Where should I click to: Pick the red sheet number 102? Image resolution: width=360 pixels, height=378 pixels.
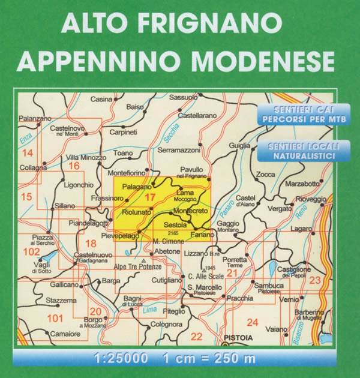click(31, 252)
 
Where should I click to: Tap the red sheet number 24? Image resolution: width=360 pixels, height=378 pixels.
click(253, 322)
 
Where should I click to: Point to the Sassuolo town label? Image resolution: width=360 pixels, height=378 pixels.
click(184, 97)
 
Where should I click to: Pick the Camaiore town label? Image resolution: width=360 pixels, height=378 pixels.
click(65, 333)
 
